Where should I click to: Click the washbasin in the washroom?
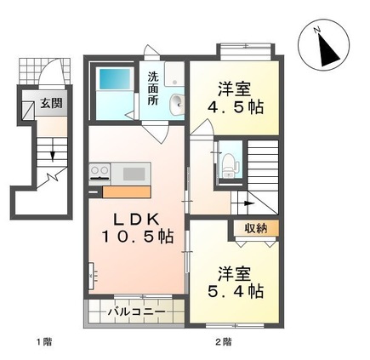(175, 105)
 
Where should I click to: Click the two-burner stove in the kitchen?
(100, 173)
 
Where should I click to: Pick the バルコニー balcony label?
(136, 312)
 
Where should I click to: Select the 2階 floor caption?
(223, 342)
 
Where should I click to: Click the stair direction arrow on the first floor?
(53, 156)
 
